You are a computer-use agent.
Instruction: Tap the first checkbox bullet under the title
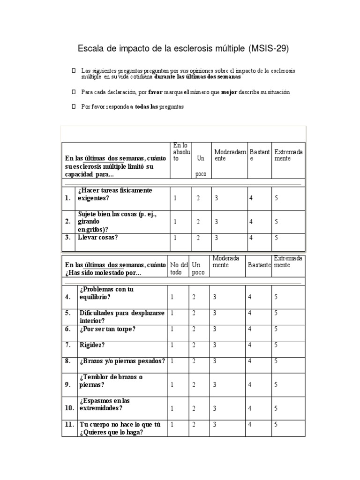click(74, 70)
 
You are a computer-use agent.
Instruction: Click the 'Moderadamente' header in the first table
click(230, 155)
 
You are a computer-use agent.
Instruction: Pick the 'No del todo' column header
click(179, 269)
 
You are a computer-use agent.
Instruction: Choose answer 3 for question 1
click(217, 198)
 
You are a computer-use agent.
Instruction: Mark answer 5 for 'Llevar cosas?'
click(277, 238)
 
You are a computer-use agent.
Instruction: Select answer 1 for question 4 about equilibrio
click(172, 297)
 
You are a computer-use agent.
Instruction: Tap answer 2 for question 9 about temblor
click(194, 385)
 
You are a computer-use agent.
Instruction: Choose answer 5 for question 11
click(277, 425)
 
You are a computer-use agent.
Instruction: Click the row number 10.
click(69, 408)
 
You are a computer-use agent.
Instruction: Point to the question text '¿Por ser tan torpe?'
click(107, 329)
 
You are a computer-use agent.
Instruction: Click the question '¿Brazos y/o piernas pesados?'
click(122, 361)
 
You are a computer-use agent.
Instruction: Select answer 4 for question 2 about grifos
click(251, 222)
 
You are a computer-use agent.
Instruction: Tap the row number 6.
click(68, 329)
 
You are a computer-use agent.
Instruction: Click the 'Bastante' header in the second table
click(259, 265)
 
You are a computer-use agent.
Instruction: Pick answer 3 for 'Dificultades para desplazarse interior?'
click(215, 313)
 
